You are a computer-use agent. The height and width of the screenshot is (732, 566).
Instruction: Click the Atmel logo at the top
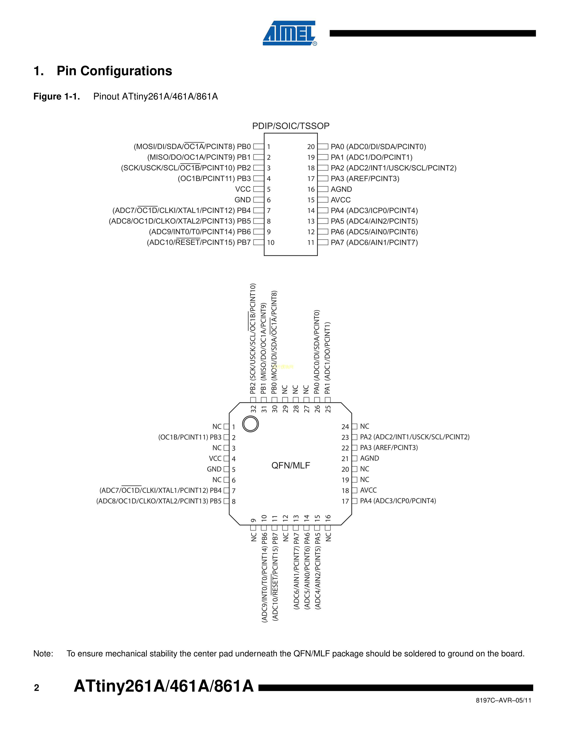[289, 33]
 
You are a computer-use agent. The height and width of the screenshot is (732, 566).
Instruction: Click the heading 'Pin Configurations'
[114, 71]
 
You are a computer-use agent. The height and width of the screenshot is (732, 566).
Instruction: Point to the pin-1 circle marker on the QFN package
[250, 424]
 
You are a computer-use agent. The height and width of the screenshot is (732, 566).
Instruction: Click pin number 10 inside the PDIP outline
[271, 243]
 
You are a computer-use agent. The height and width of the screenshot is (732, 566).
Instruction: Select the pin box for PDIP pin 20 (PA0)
[323, 146]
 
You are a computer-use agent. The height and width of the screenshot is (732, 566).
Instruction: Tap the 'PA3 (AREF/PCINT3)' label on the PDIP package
[365, 179]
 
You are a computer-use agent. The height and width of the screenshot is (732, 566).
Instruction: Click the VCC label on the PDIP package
[243, 189]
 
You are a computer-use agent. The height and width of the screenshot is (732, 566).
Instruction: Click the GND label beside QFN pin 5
[214, 469]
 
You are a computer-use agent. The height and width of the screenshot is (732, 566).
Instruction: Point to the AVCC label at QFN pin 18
[368, 490]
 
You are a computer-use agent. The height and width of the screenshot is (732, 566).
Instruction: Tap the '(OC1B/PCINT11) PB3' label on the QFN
[190, 437]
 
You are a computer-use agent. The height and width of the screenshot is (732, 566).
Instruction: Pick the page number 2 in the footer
[37, 688]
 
